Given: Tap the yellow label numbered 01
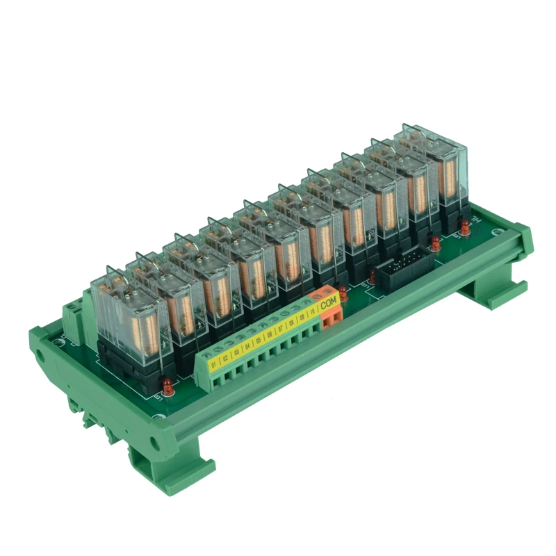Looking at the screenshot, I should coord(214,361).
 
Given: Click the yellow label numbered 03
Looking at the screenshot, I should coord(236,350).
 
